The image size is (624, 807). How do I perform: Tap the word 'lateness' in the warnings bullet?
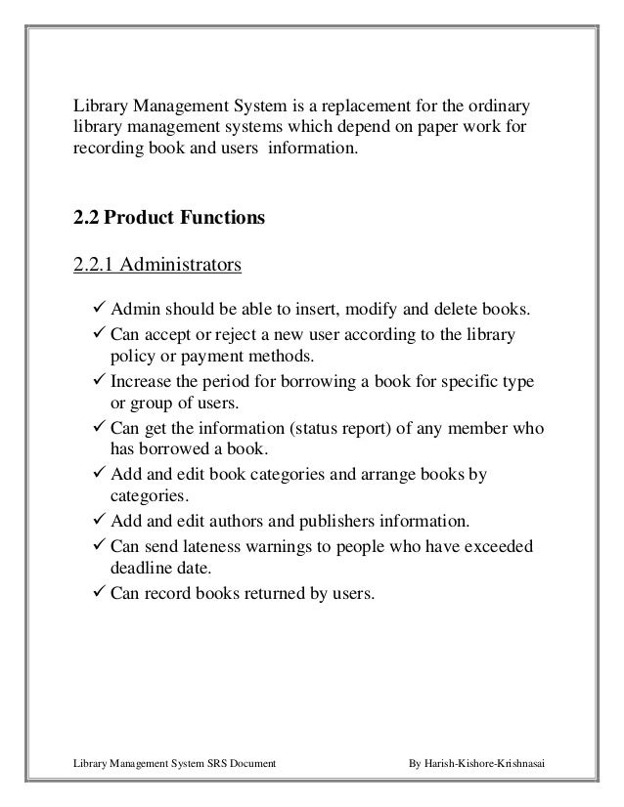pos(217,544)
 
